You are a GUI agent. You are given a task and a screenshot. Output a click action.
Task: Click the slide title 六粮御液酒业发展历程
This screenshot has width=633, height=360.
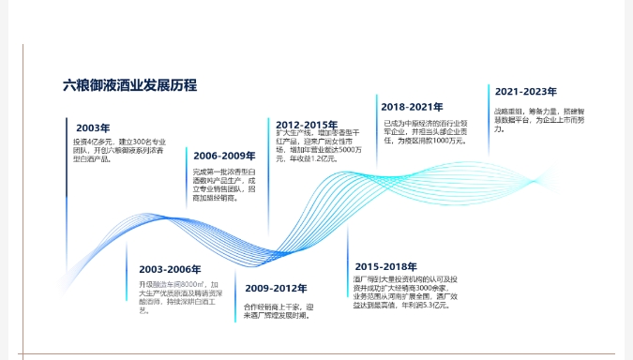click(x=129, y=85)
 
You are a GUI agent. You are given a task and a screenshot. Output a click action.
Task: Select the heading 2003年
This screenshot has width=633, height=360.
click(x=93, y=127)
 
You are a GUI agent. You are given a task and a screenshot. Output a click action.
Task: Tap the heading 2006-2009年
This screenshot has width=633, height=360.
click(x=224, y=156)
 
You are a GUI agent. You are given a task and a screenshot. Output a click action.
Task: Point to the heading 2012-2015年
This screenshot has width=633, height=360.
click(x=307, y=125)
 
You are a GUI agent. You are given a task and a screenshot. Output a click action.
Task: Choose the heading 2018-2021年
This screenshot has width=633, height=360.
click(x=412, y=107)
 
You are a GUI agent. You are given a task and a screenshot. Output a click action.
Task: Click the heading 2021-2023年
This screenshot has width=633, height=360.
click(x=526, y=92)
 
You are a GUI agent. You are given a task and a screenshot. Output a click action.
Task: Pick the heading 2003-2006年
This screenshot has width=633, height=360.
click(x=169, y=269)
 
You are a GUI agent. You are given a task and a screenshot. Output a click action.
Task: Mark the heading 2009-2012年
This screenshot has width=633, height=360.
click(x=275, y=288)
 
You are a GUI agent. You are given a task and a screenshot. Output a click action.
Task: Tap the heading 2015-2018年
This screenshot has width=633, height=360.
click(x=385, y=266)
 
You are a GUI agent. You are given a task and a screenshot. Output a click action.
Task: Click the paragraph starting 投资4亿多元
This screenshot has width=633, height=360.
click(x=113, y=149)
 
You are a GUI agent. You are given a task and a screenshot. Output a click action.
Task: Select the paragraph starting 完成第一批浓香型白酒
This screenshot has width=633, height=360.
click(x=223, y=185)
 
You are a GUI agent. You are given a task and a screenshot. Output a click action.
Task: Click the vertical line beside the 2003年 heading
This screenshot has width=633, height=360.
click(x=67, y=154)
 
